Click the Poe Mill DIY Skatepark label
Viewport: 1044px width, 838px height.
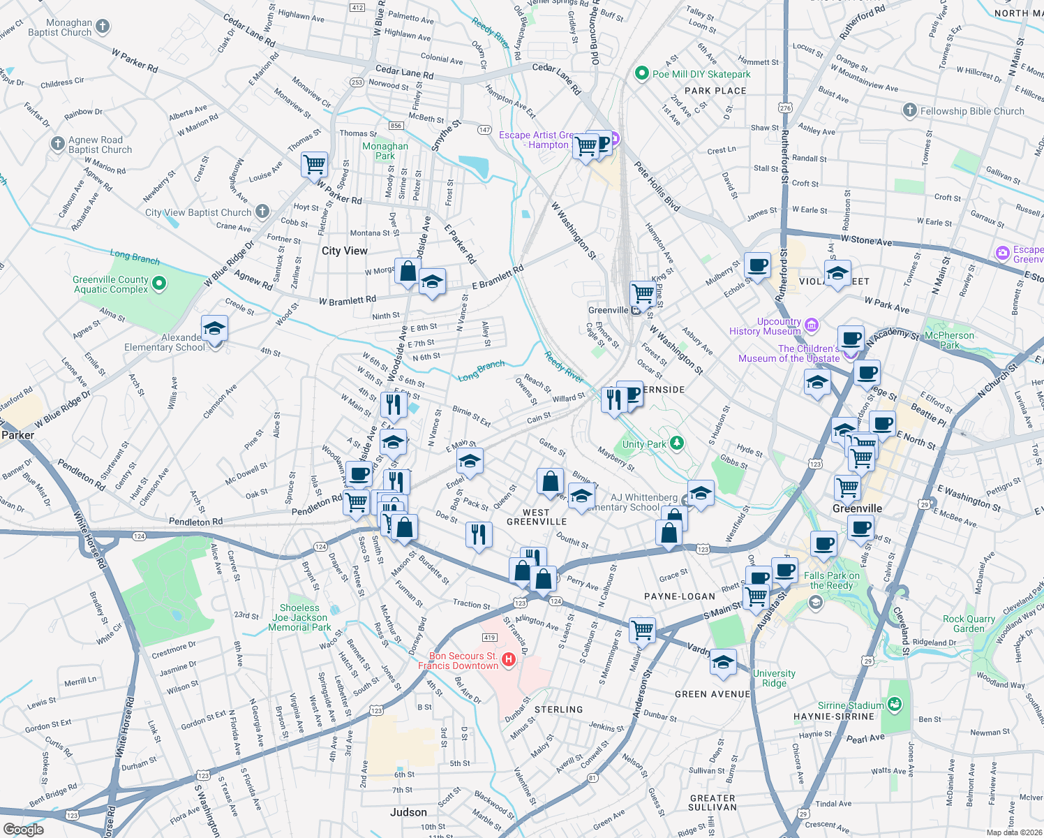pyautogui.click(x=701, y=74)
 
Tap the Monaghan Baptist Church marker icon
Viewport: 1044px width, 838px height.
pyautogui.click(x=103, y=27)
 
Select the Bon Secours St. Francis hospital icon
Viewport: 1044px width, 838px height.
pyautogui.click(x=509, y=659)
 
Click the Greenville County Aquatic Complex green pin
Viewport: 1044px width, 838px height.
pyautogui.click(x=159, y=284)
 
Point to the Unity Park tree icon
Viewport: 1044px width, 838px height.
pyautogui.click(x=676, y=443)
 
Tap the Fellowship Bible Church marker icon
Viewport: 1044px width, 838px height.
pyautogui.click(x=909, y=110)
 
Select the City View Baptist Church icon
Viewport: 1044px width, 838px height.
pyautogui.click(x=262, y=211)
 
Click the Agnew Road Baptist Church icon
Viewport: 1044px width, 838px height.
pyautogui.click(x=57, y=144)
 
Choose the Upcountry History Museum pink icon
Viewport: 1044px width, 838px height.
pyautogui.click(x=811, y=325)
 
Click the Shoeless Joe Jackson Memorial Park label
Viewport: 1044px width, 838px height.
pyautogui.click(x=300, y=617)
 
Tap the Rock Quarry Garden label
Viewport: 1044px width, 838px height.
pyautogui.click(x=969, y=624)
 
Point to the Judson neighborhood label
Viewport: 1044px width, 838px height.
pyautogui.click(x=408, y=812)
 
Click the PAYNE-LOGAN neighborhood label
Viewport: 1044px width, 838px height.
pyautogui.click(x=679, y=596)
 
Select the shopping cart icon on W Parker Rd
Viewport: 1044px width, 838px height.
pyautogui.click(x=315, y=165)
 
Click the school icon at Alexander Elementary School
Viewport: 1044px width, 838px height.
pyautogui.click(x=214, y=328)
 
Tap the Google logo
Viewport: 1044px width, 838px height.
pyautogui.click(x=23, y=829)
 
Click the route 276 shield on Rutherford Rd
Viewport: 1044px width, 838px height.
pyautogui.click(x=785, y=108)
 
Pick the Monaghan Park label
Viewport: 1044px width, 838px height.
pyautogui.click(x=385, y=151)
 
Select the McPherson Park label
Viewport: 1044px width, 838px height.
pyautogui.click(x=949, y=340)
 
